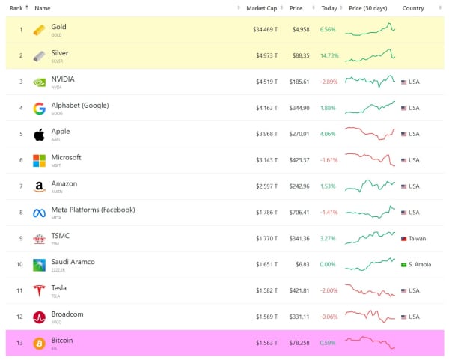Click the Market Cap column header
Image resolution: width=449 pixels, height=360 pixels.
click(261, 8)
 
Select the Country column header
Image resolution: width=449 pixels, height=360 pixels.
click(412, 8)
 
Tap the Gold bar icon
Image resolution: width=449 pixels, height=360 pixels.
click(39, 30)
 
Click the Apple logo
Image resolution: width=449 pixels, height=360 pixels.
click(39, 135)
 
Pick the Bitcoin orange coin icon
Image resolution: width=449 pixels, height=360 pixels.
click(39, 344)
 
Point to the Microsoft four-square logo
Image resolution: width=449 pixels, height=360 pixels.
click(39, 161)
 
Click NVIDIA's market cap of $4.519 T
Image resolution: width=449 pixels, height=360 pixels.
click(265, 82)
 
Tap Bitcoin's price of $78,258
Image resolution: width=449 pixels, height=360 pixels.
click(299, 343)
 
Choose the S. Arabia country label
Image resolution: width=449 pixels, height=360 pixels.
click(418, 265)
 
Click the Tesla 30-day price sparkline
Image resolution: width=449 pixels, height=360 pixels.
click(370, 290)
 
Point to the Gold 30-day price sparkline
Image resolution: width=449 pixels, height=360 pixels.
click(370, 29)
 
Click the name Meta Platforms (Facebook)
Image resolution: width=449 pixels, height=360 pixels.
click(93, 210)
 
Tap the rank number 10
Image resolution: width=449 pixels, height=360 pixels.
click(21, 265)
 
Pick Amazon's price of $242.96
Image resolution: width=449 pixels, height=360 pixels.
click(299, 186)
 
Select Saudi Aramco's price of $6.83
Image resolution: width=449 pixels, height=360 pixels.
click(303, 265)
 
